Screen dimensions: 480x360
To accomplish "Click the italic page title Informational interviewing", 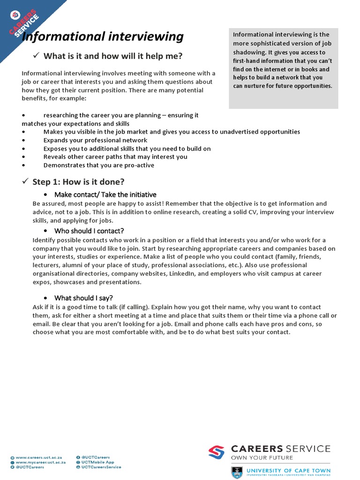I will tap(103, 37).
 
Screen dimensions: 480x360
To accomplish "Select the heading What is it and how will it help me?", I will tap(112, 56).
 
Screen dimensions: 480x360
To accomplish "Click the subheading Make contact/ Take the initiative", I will tap(105, 195).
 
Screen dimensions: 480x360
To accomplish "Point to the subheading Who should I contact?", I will tap(89, 231).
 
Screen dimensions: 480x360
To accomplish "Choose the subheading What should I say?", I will tap(83, 298).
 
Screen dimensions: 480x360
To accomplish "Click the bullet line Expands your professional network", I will tap(95, 140).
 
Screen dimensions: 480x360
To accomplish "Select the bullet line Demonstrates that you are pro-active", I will tap(98, 165).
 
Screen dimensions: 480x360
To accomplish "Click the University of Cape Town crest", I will tap(237, 472).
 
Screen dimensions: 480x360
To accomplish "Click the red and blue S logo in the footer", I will tap(217, 452).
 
